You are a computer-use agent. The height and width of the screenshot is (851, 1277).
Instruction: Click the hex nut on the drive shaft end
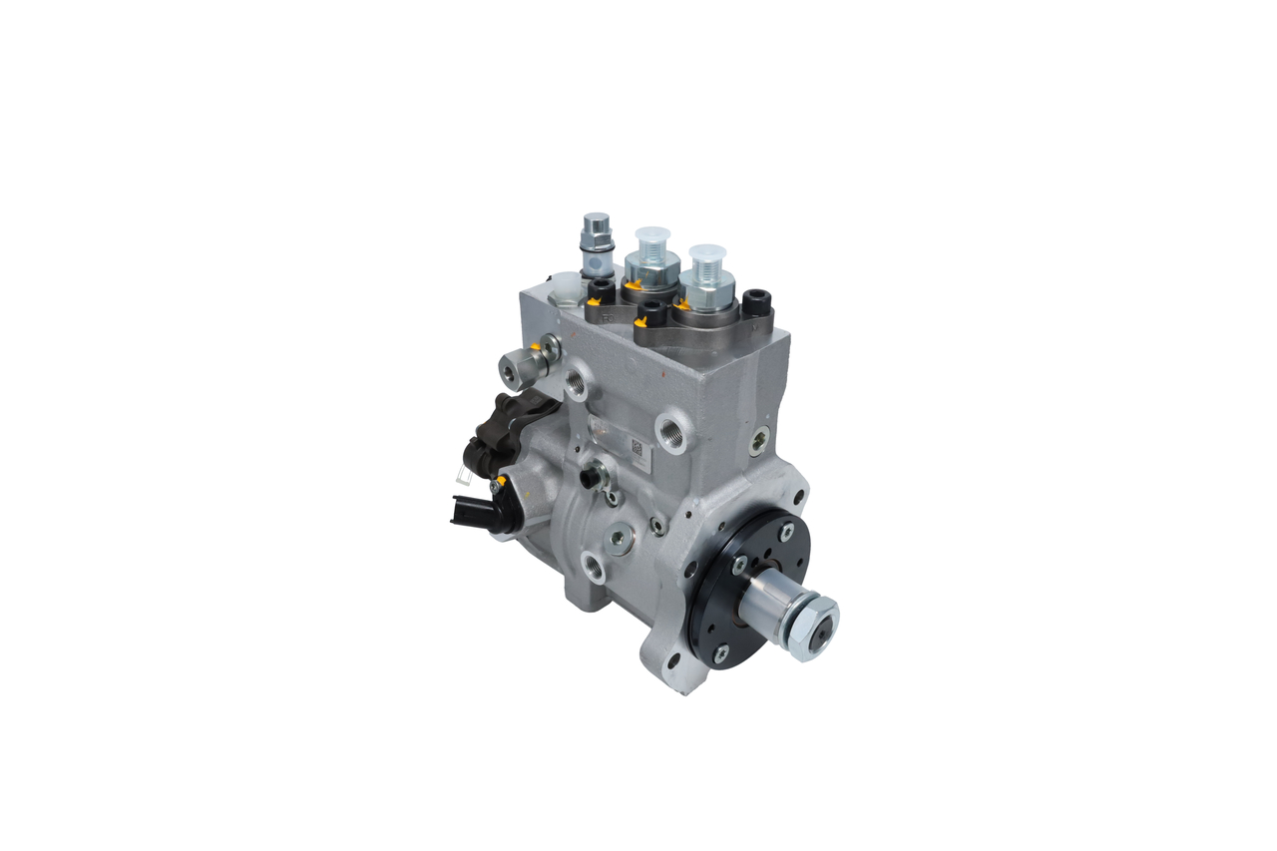point(814,626)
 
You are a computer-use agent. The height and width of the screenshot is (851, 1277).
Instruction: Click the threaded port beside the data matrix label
point(671,432)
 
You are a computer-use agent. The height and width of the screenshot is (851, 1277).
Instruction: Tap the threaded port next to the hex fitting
point(576,381)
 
